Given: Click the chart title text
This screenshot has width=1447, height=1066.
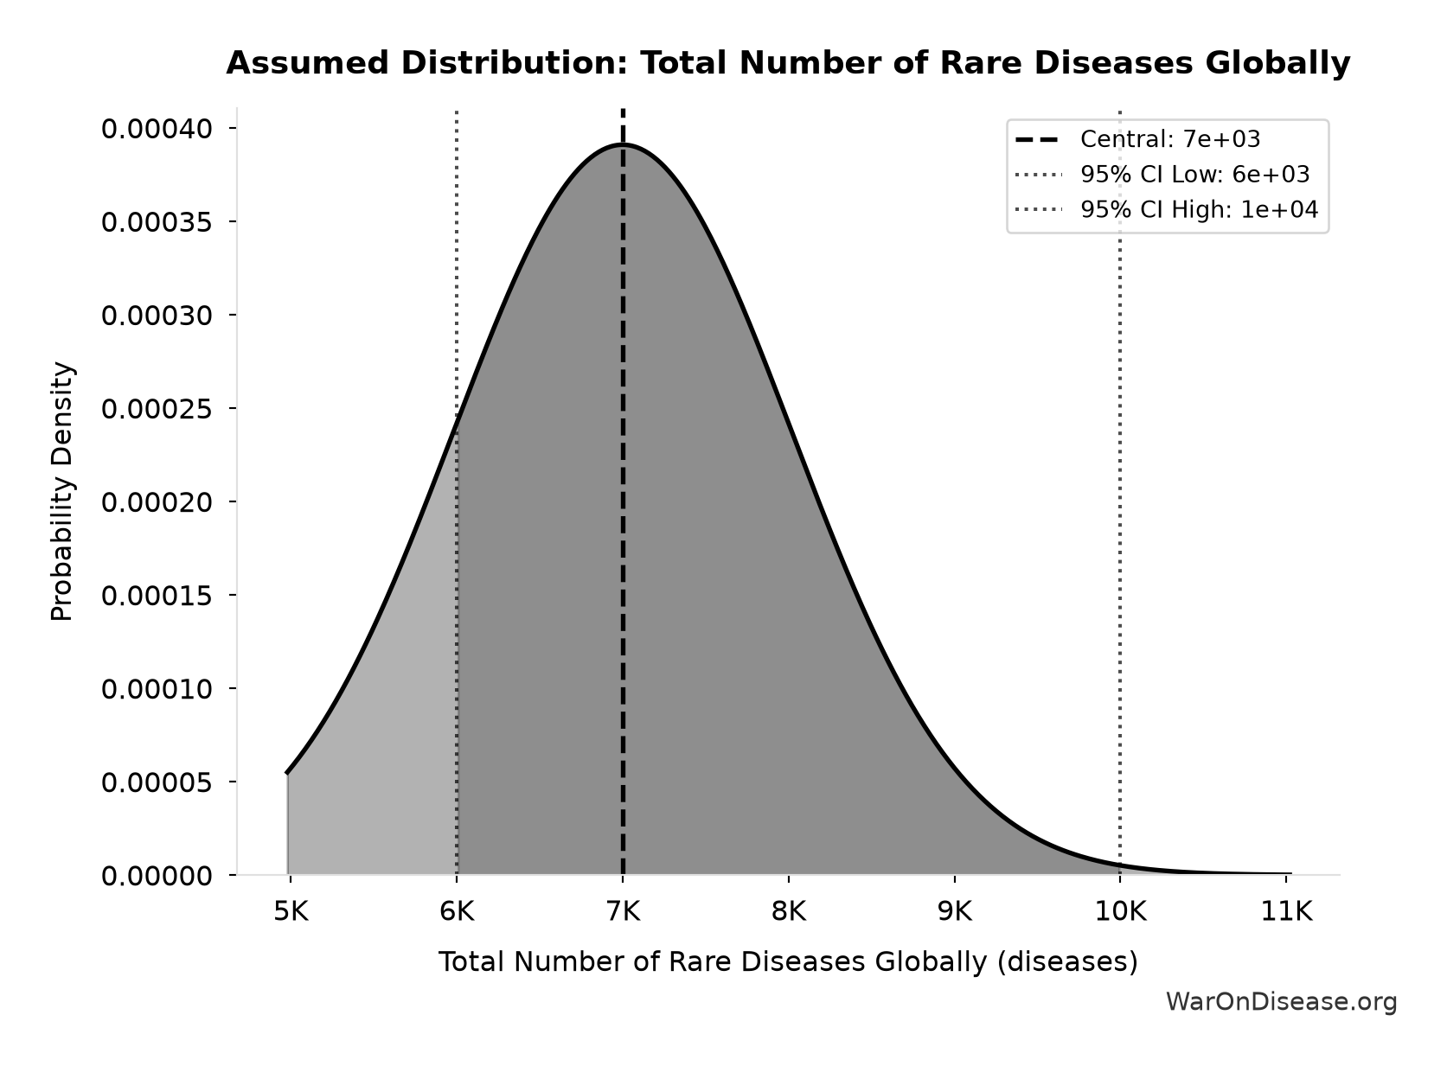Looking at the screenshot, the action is click(788, 63).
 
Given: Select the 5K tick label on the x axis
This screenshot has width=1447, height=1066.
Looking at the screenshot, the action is click(291, 911).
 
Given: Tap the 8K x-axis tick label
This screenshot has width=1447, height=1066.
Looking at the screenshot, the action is click(789, 911).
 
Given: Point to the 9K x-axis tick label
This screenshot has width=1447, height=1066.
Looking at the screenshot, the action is click(955, 911).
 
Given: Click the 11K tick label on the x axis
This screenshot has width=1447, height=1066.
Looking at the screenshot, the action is click(1287, 911).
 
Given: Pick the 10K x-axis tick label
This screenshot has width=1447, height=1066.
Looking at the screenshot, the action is click(1121, 911).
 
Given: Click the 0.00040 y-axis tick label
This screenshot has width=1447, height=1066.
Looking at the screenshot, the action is click(157, 129).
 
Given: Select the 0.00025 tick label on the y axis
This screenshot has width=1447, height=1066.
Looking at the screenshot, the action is click(157, 409).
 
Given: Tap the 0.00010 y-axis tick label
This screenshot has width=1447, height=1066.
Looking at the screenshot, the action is click(157, 689).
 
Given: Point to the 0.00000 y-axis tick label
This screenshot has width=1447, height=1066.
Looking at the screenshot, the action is click(157, 876).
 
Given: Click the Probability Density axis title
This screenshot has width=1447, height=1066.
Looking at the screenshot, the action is click(62, 491).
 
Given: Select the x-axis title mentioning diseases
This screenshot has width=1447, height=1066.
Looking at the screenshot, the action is click(788, 961).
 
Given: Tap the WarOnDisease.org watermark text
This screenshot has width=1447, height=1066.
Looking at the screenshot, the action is click(1282, 1001).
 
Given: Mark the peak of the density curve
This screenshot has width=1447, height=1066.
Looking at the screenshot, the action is click(623, 144).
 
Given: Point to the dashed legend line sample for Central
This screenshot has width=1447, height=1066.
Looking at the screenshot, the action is click(1038, 139).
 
